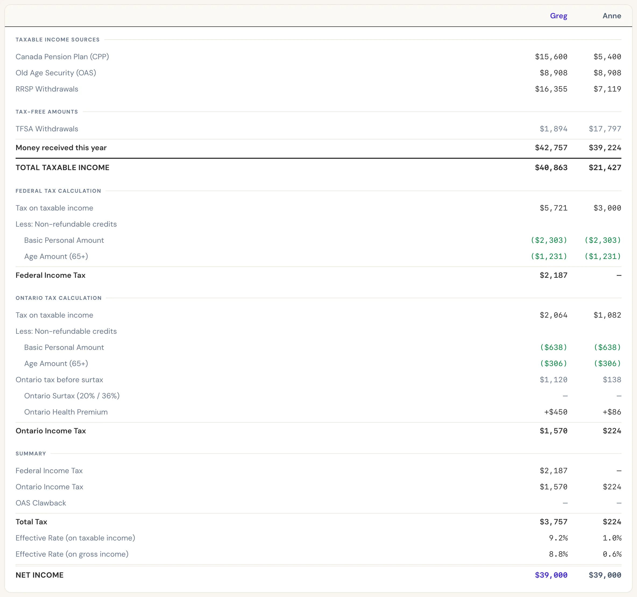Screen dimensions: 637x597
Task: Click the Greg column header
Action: (x=558, y=16)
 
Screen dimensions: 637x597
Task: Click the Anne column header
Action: (x=612, y=16)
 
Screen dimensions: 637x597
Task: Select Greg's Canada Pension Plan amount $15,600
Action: (x=551, y=57)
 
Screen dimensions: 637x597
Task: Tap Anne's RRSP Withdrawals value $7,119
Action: (x=607, y=89)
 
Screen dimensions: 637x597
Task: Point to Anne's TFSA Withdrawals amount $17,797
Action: (x=605, y=129)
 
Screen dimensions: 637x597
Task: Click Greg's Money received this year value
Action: (x=551, y=148)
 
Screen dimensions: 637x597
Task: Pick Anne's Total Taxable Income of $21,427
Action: (x=605, y=168)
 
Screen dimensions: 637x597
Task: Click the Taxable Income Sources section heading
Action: (x=58, y=40)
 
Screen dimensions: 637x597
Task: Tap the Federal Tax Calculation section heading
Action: (x=58, y=191)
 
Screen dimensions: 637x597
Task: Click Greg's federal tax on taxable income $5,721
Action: (x=553, y=208)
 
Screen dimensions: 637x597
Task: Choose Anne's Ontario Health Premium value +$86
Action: (x=612, y=412)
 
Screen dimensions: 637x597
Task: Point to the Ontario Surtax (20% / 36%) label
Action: (x=72, y=396)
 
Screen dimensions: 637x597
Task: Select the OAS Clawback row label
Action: (x=41, y=503)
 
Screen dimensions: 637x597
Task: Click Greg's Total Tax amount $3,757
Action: (x=553, y=522)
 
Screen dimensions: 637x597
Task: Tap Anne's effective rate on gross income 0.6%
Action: (x=612, y=554)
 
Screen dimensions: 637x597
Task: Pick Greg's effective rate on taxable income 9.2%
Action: (x=558, y=538)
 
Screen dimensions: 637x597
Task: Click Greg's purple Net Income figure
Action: (x=551, y=575)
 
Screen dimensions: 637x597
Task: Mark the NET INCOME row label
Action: (x=40, y=575)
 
